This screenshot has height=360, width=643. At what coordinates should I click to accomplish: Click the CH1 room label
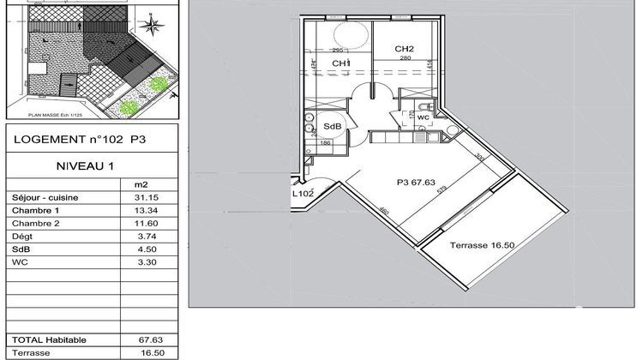pyautogui.click(x=340, y=64)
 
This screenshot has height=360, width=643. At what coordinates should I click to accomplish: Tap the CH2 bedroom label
pyautogui.click(x=405, y=49)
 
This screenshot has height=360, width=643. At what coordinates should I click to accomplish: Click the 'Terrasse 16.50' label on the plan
pyautogui.click(x=481, y=245)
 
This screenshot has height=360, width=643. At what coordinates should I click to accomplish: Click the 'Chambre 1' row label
pyautogui.click(x=35, y=211)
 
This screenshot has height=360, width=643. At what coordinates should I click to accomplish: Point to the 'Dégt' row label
pyautogui.click(x=21, y=237)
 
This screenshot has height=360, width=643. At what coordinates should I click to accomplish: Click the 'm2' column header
pyautogui.click(x=141, y=183)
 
